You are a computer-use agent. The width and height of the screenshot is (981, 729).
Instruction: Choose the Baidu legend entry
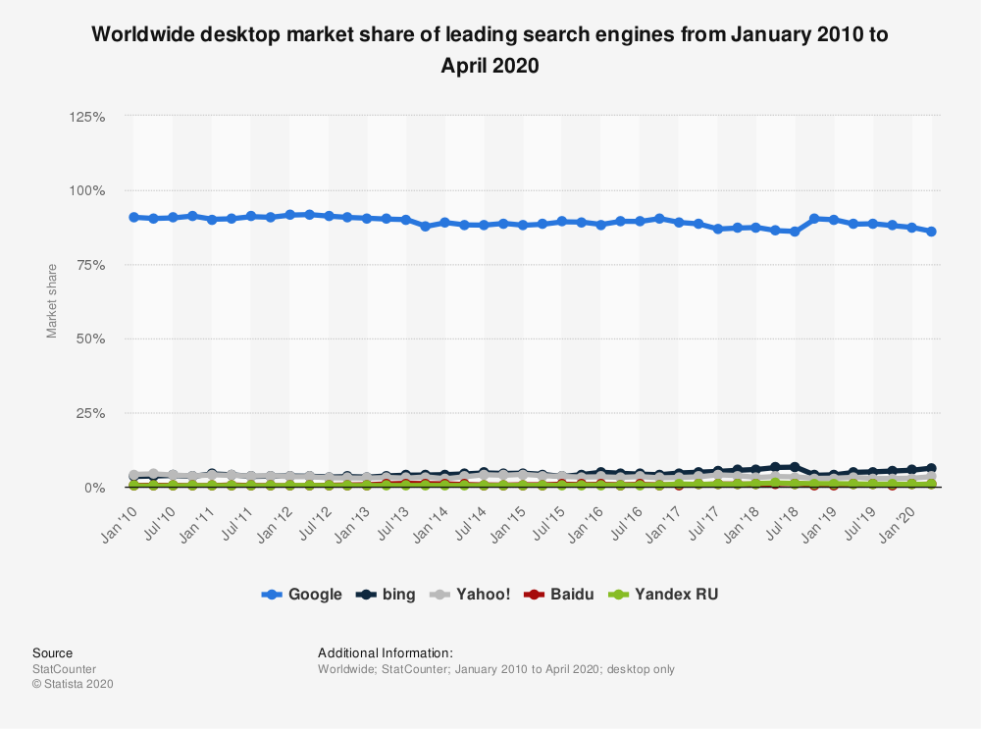point(561,594)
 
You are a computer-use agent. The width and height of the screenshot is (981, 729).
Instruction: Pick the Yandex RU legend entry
point(664,594)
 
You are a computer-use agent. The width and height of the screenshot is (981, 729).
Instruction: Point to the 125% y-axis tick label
point(87,117)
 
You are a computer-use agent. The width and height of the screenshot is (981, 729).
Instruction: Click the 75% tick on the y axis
point(91,265)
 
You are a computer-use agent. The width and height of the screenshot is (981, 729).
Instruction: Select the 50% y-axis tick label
point(91,339)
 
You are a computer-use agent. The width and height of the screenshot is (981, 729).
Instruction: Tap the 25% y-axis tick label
point(91,413)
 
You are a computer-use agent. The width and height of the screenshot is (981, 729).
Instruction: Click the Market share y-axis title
point(52,299)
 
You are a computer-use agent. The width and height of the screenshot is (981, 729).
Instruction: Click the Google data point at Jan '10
point(134,217)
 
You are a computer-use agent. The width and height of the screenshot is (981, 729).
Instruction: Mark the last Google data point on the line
point(931,232)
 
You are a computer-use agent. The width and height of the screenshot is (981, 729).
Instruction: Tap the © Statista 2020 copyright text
point(73,684)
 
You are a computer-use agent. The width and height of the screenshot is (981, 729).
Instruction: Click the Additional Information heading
point(386,652)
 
